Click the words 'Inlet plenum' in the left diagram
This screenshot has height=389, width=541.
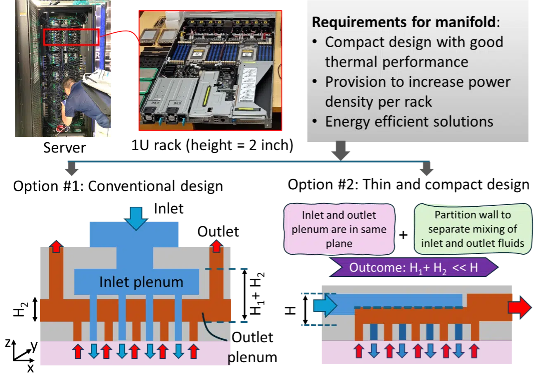click(x=141, y=282)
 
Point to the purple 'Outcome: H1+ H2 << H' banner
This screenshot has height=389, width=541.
click(x=413, y=267)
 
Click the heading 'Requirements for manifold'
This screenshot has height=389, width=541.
click(x=403, y=22)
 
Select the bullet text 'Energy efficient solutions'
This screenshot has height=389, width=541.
click(x=409, y=122)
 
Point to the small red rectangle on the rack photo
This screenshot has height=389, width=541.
click(x=71, y=37)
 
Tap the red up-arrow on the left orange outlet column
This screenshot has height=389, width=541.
click(x=56, y=247)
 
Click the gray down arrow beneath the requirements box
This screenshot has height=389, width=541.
click(x=341, y=151)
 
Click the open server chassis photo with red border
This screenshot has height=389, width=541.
click(x=211, y=70)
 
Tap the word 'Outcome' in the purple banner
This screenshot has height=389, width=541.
click(x=373, y=267)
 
